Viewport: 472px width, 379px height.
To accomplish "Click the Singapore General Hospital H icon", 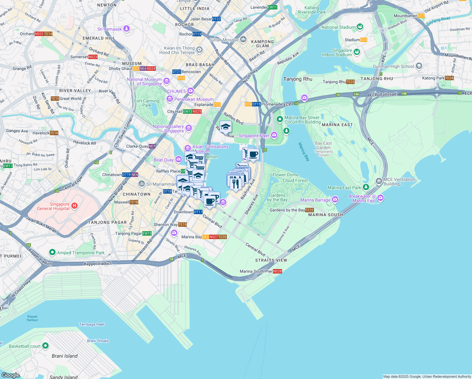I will pos(74,206).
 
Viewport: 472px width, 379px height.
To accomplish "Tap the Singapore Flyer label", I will pos(254,135).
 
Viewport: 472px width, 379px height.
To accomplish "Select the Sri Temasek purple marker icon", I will pos(127,29).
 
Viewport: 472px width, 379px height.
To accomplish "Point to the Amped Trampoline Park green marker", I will pos(52,252).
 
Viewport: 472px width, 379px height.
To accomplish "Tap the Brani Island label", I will pos(65,356).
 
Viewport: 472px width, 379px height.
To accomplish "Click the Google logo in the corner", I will pos(10,375).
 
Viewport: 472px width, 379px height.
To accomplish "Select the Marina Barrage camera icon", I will pos(335,200).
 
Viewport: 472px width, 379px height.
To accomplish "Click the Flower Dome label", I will pos(286,175).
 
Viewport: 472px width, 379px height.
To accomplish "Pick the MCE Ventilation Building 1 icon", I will pos(379,181).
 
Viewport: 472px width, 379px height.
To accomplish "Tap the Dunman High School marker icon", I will pos(419,66).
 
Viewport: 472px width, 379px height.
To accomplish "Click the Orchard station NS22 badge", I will pos(39,34).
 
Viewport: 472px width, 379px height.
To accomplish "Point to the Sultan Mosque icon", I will pos(243,39).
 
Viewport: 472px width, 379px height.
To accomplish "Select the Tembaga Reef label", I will pos(91,324).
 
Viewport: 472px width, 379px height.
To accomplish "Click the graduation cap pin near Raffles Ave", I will pos(226,127).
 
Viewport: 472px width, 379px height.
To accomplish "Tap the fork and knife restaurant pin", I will pos(236,183).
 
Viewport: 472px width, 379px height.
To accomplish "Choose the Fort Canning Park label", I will pos(147,103).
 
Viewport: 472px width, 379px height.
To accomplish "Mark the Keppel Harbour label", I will pos(32,318).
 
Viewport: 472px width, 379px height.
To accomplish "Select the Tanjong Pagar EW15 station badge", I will pos(147,233).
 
